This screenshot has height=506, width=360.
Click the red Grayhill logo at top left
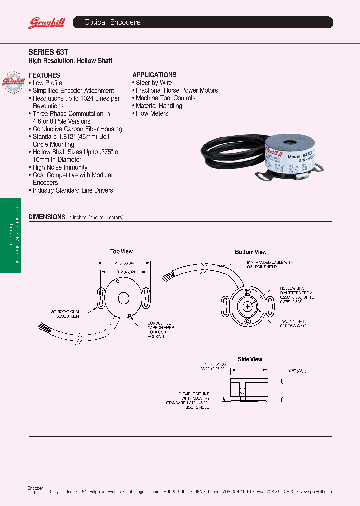43,23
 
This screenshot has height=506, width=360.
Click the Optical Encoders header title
112,22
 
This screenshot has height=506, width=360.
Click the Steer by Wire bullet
153,83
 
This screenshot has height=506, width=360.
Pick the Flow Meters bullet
152,113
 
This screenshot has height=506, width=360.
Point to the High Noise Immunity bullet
59,167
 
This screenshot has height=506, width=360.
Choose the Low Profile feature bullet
47,83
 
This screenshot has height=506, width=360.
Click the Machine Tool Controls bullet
165,98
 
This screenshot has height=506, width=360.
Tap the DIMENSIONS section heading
47,217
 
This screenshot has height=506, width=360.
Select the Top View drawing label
122,252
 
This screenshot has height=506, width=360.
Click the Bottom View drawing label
251,252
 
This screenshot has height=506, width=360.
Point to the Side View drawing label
250,359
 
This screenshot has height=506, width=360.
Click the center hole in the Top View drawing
123,299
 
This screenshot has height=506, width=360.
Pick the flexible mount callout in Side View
188,400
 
